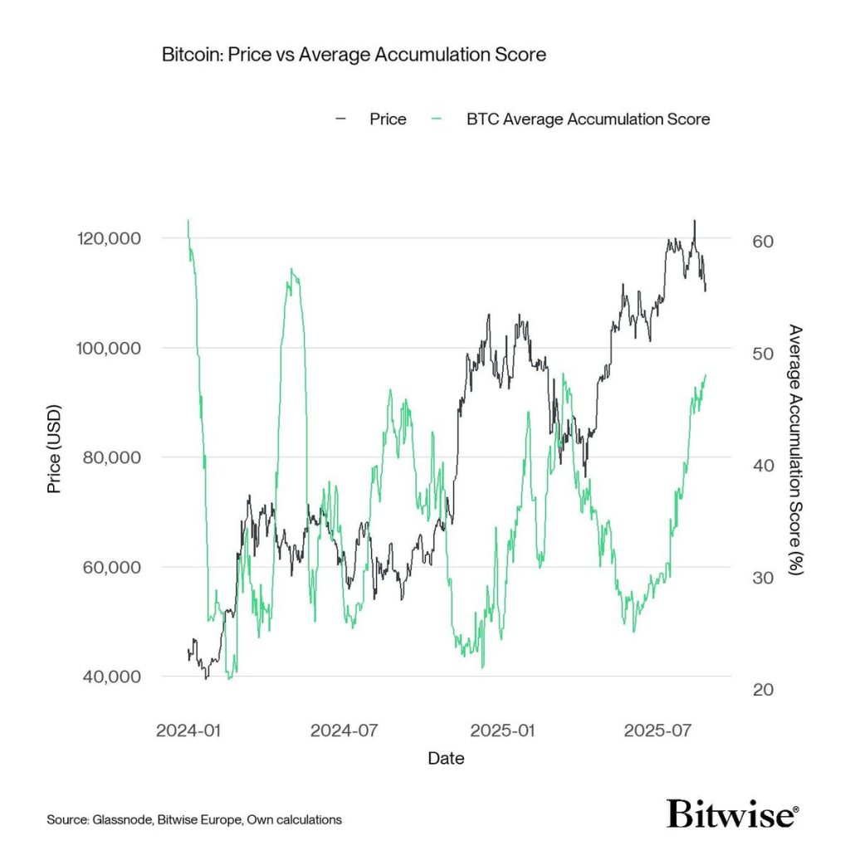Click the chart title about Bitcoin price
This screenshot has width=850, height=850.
pyautogui.click(x=354, y=55)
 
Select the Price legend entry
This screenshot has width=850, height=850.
pyautogui.click(x=388, y=119)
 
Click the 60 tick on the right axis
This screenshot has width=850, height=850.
pyautogui.click(x=762, y=241)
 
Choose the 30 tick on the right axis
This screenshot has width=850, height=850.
pyautogui.click(x=762, y=578)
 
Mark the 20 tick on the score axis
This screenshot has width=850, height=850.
pyautogui.click(x=762, y=690)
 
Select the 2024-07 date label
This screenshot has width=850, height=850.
pyautogui.click(x=344, y=730)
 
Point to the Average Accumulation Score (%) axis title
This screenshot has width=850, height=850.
pyautogui.click(x=794, y=451)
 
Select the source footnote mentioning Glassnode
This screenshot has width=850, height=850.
pyautogui.click(x=193, y=819)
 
